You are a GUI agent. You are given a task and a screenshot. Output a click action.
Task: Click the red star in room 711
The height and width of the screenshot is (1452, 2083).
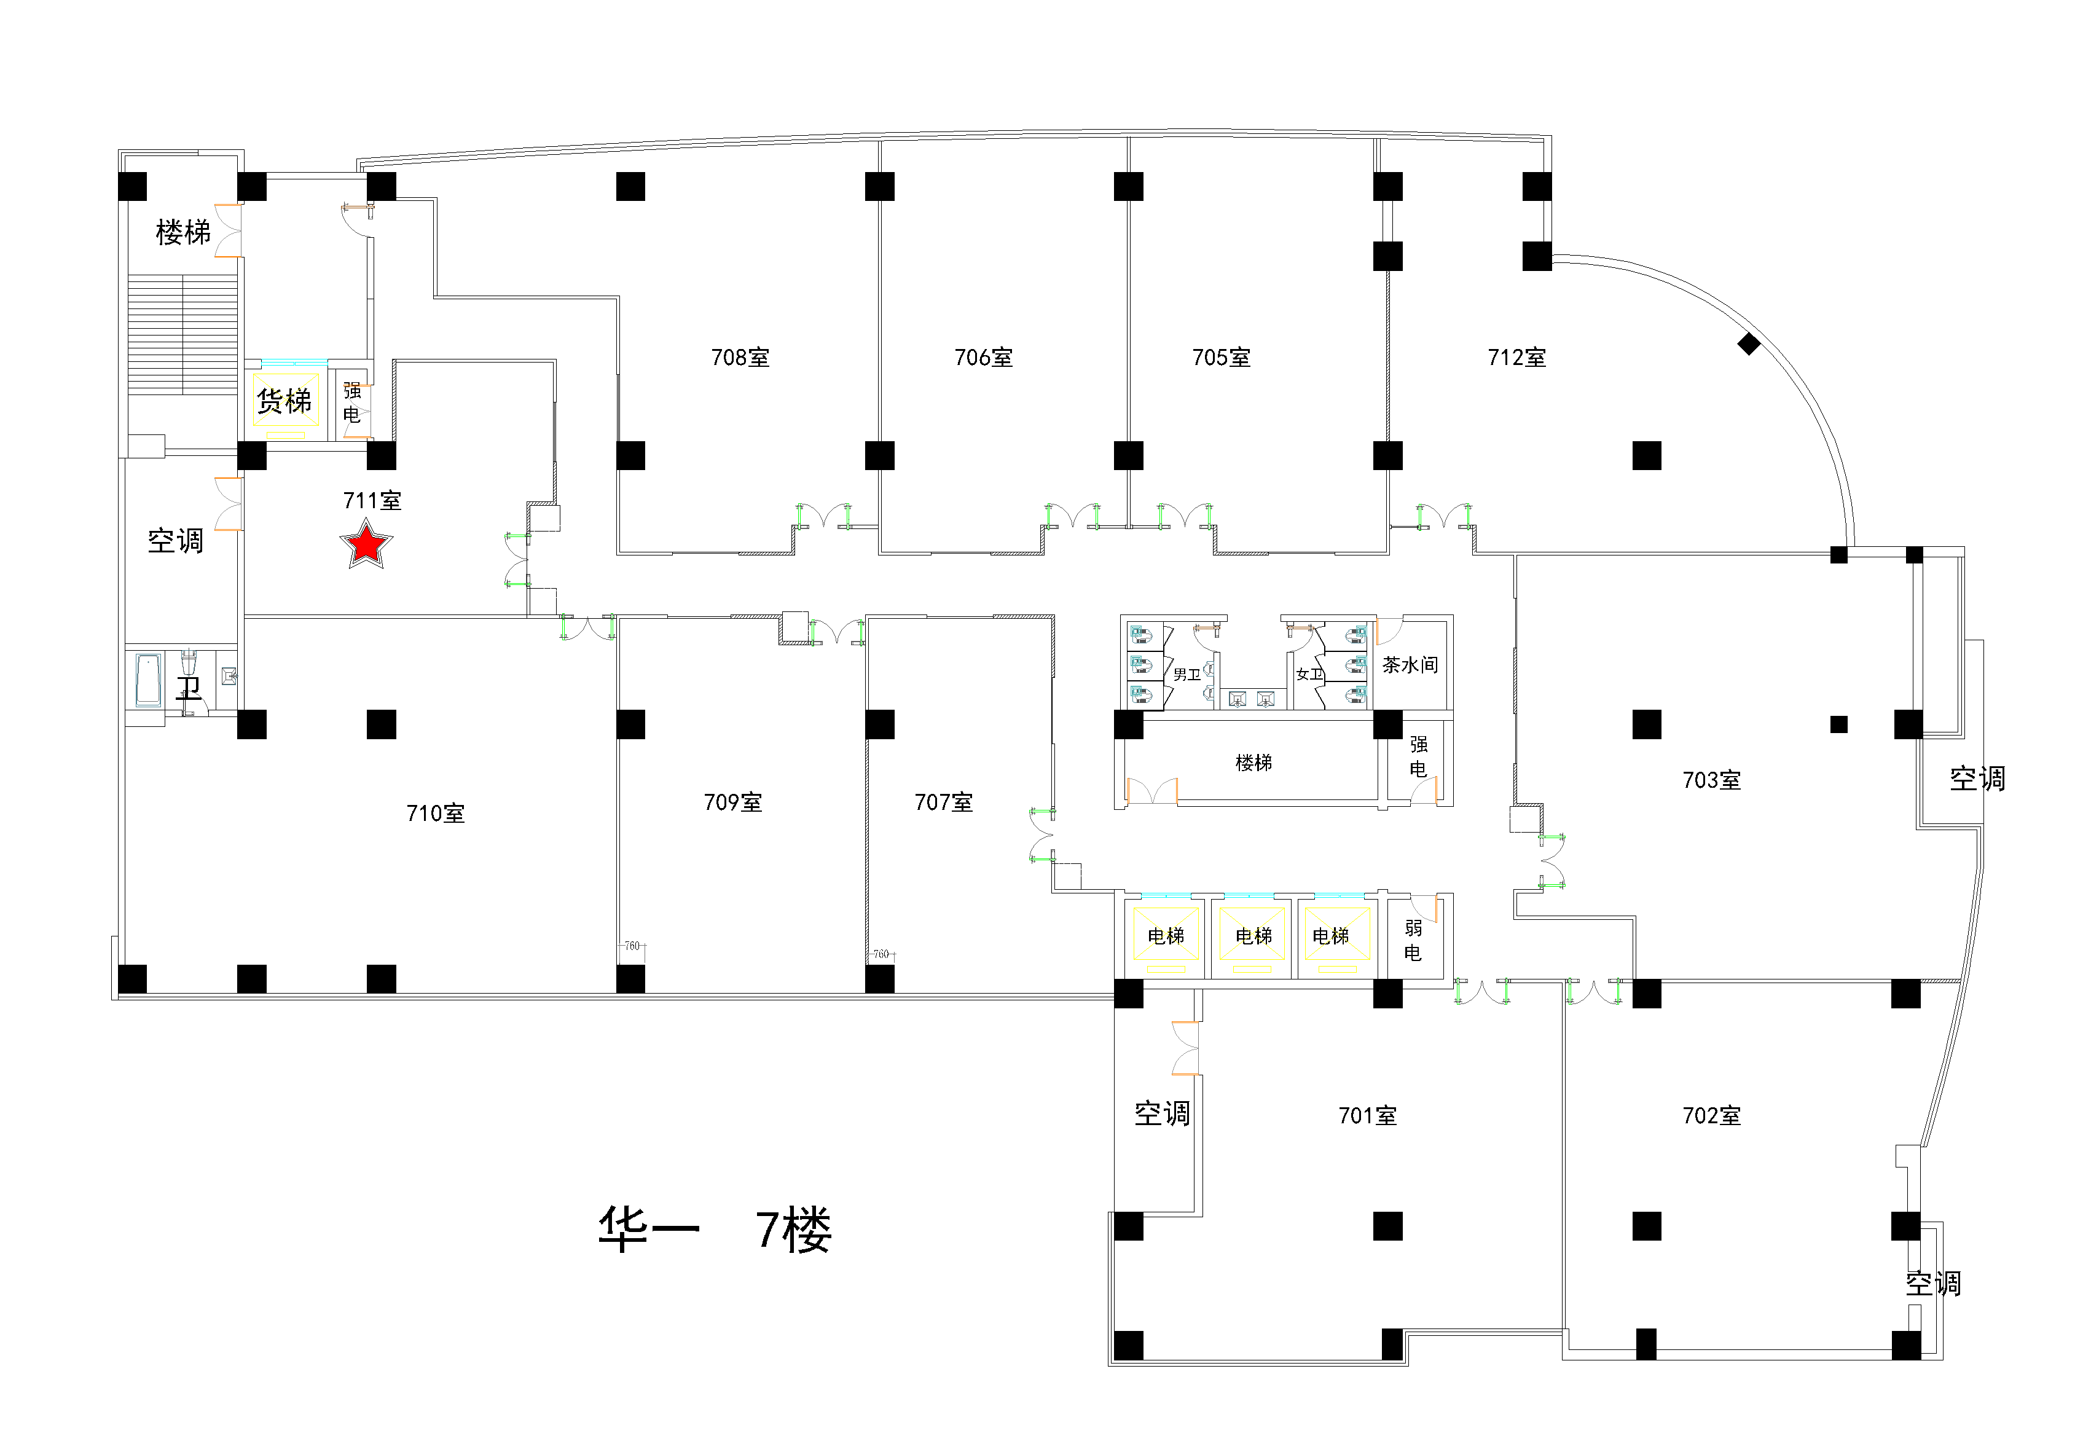tap(366, 544)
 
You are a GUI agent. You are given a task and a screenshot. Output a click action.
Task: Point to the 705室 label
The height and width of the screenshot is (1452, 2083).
tap(1220, 358)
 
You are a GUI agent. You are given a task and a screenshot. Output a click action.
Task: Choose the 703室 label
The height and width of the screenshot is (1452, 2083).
tap(1711, 780)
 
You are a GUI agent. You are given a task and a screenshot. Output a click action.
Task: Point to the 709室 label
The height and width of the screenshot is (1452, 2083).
tap(732, 803)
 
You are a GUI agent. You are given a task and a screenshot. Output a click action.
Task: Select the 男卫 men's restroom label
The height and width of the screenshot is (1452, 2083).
tap(1186, 674)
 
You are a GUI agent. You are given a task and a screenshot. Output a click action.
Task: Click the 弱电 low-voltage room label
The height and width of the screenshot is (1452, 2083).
tap(1413, 940)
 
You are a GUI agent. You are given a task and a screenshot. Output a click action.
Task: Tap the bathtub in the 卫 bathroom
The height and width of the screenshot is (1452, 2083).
tap(148, 680)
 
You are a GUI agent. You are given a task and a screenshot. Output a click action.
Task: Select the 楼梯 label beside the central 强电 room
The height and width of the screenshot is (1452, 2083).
tap(1253, 763)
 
